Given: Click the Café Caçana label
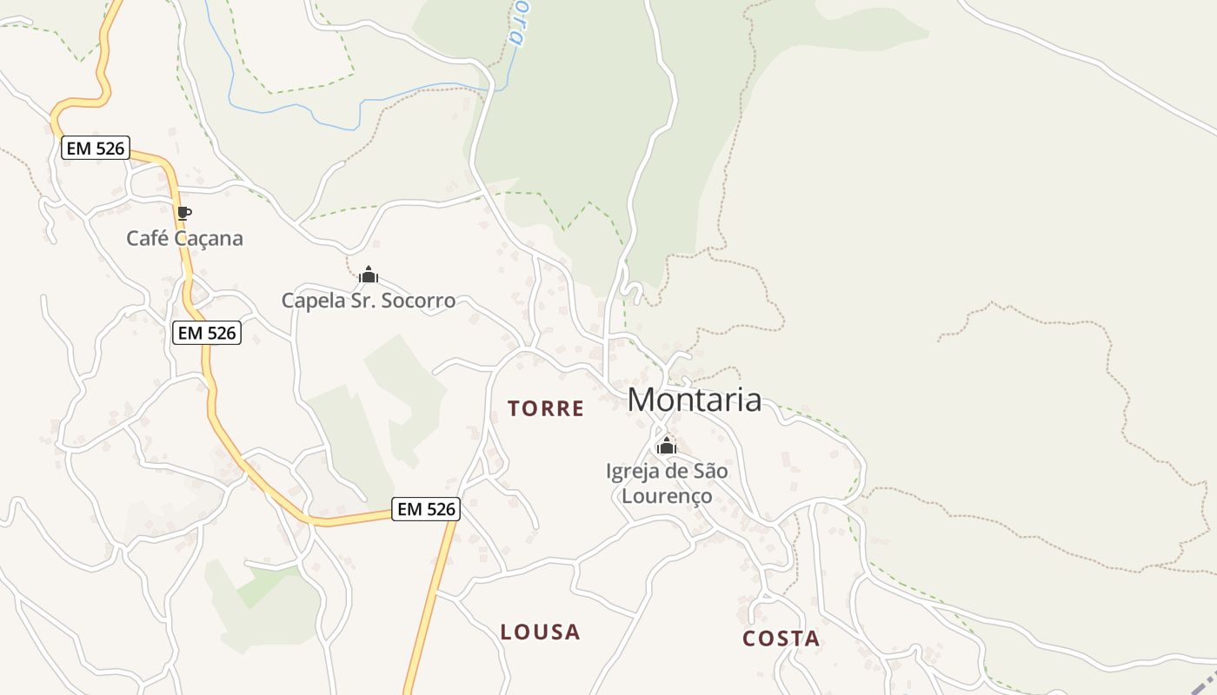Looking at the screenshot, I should [184, 238].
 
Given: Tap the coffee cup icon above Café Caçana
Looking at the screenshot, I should [183, 213].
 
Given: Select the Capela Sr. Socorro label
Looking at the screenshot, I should [368, 301].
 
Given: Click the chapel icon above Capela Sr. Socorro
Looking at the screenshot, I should [369, 275].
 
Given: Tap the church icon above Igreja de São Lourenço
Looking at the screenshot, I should [667, 447].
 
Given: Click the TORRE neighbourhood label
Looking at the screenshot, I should [546, 408].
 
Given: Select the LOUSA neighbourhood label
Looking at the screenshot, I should [540, 632].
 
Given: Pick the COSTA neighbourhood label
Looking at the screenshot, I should [781, 639].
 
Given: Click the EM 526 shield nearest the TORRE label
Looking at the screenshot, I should [426, 509].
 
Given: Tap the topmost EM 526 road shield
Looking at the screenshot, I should [96, 149].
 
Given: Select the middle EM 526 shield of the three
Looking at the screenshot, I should [206, 332].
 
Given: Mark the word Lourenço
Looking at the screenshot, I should [667, 496].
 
